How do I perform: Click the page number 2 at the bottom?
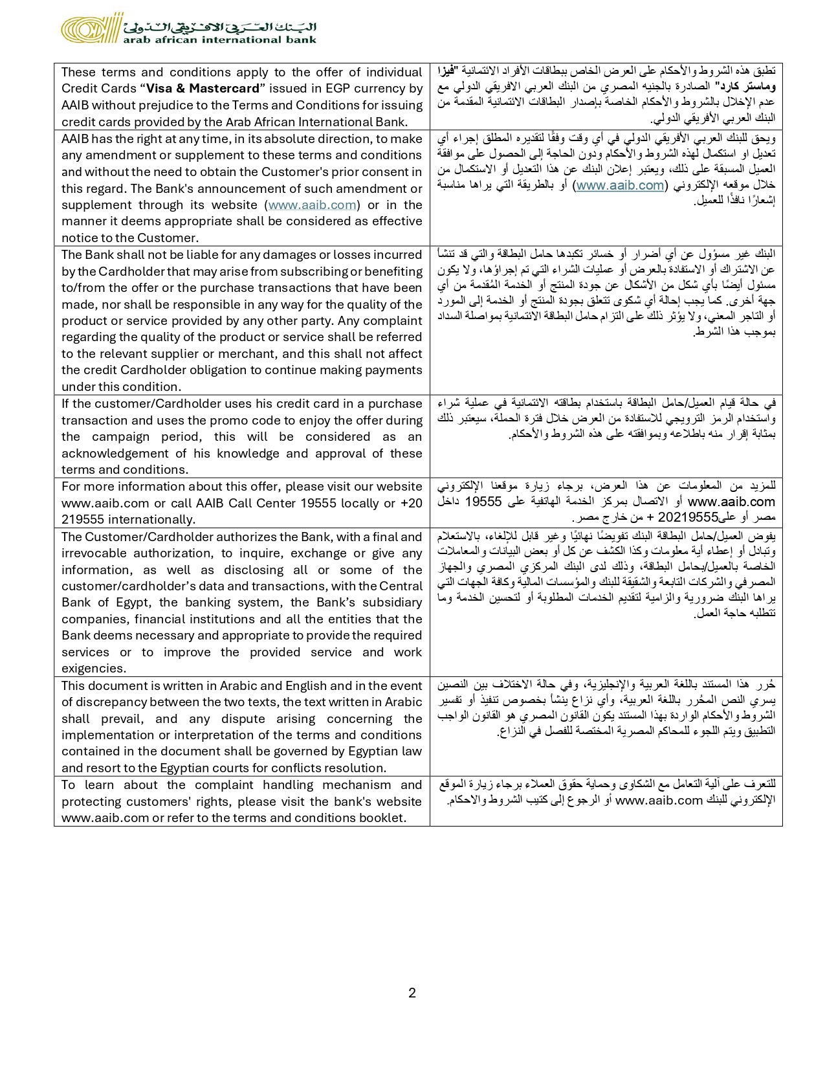pos(412,993)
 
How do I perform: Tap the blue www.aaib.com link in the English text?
pos(313,205)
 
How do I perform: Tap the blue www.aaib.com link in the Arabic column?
pos(620,185)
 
